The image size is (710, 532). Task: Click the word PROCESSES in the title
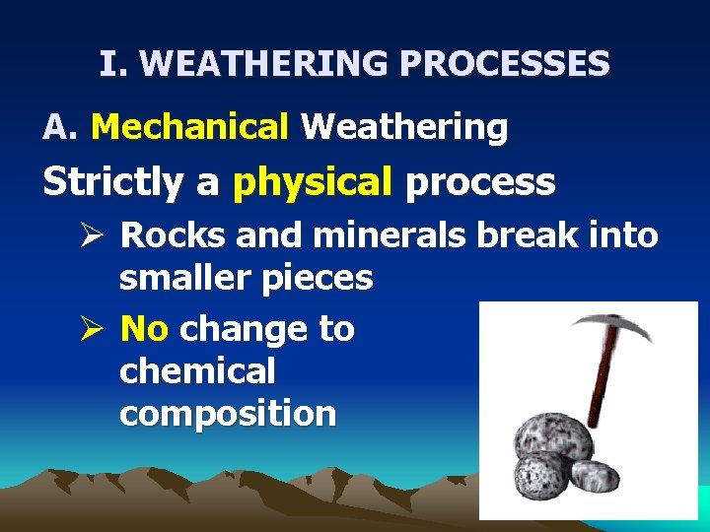pos(504,65)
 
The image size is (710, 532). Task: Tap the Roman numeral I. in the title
pos(114,65)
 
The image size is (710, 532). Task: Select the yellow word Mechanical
pos(188,127)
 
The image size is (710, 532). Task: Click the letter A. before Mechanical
pos(60,127)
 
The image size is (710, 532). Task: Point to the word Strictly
pos(113,182)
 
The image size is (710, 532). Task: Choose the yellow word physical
pos(313,182)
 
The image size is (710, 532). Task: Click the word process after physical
pos(480,182)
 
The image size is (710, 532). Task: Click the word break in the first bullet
pos(533,235)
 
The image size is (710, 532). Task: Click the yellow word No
pos(144,328)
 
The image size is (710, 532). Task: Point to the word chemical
pos(197,371)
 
